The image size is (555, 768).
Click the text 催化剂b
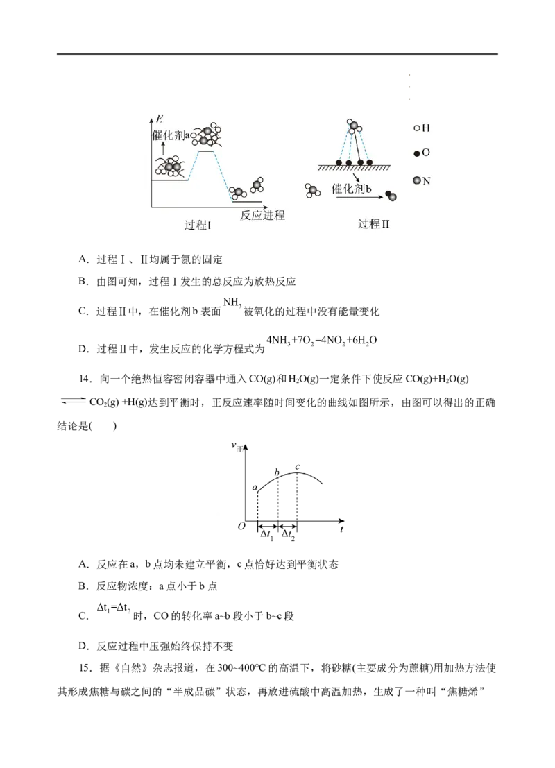pos(352,189)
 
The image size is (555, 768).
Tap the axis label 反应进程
pos(262,215)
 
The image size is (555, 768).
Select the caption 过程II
pos(374,224)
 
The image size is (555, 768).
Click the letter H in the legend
pos(426,128)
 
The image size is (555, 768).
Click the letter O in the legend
pos(426,152)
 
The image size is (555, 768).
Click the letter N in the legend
pos(426,181)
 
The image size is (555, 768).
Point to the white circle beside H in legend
pos(416,128)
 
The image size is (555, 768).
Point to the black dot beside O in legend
pos(416,153)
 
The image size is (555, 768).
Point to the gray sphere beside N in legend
pos(416,180)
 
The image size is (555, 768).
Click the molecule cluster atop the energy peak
pos(207,135)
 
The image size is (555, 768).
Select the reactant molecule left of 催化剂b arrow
pos(313,191)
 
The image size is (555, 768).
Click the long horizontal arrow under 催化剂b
pos(358,198)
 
